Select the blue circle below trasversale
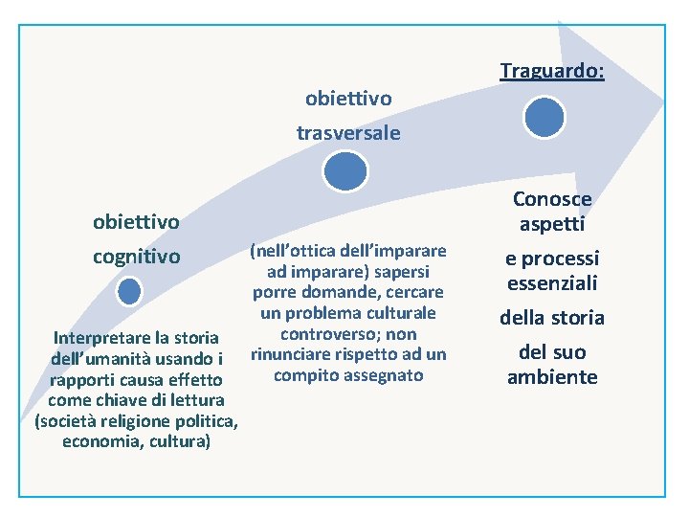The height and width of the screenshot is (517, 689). (345, 172)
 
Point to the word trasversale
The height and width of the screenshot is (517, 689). (348, 133)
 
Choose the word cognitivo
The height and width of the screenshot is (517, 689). (136, 257)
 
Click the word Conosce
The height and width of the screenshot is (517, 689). (552, 199)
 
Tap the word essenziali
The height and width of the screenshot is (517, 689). (552, 282)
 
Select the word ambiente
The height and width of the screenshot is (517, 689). (552, 376)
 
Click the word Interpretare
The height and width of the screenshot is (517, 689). (100, 338)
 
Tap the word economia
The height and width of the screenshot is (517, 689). (100, 441)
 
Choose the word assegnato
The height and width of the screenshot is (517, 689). (376, 374)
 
